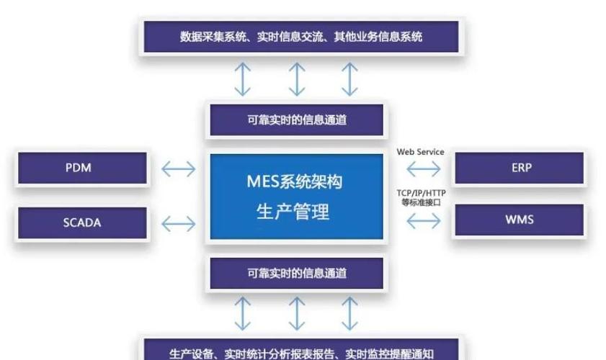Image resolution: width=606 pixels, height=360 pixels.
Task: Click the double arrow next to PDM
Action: [178, 169]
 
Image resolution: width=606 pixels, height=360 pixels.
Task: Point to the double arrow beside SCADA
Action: [178, 223]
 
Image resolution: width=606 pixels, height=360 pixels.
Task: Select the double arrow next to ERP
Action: [423, 168]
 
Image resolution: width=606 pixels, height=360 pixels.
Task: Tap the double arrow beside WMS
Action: [423, 221]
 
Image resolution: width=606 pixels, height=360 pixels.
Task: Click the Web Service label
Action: [421, 152]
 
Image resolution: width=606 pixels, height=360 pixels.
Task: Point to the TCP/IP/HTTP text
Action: [421, 193]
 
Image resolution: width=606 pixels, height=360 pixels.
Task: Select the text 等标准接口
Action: [421, 202]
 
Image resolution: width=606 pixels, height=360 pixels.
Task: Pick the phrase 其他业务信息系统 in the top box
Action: [380, 37]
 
